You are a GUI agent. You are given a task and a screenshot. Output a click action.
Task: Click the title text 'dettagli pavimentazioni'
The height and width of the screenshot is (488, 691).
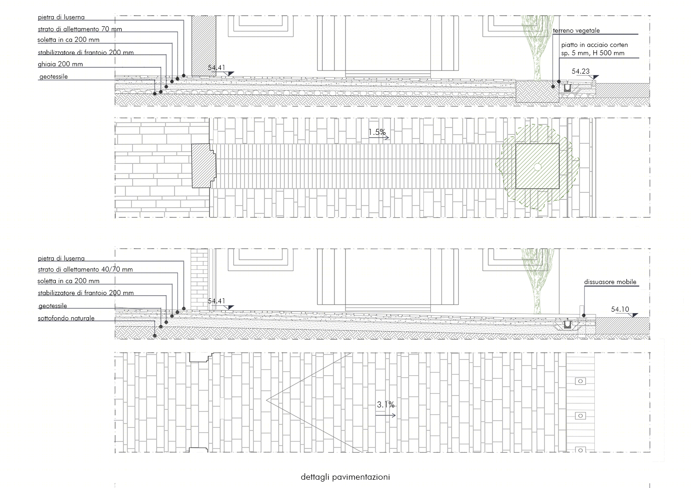coord(345,477)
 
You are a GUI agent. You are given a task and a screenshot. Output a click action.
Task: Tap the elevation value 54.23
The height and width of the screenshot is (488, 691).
coord(580,71)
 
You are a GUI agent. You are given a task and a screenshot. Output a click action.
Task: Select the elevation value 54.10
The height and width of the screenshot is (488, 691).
coord(620,309)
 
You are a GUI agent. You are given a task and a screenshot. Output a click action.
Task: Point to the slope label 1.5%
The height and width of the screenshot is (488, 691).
coord(377,132)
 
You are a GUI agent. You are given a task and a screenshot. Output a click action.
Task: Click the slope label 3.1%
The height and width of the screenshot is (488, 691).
coord(386,405)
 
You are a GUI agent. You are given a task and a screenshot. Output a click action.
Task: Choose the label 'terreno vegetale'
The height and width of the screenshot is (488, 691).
coord(576,30)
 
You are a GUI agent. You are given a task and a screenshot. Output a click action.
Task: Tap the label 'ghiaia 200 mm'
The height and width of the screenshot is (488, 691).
coord(60,64)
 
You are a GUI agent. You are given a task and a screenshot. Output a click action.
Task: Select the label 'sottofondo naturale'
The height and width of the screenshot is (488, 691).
coord(66,318)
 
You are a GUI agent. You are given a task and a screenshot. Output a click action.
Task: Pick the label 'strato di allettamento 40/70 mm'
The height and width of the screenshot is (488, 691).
coord(85,269)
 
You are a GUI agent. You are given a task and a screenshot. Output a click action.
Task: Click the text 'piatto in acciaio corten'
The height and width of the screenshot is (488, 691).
coord(594,45)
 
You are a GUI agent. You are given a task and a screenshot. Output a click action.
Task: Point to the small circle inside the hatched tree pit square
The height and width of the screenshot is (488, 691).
coord(538,167)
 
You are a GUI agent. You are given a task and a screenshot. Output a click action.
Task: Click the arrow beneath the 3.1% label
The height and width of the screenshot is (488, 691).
coord(386,415)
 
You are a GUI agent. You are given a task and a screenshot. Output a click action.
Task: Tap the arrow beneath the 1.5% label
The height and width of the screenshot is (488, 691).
coord(379,138)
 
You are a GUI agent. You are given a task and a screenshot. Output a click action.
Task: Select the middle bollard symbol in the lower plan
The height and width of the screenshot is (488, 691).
coord(580,416)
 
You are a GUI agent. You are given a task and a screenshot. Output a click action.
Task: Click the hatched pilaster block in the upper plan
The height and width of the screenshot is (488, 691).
coord(203,166)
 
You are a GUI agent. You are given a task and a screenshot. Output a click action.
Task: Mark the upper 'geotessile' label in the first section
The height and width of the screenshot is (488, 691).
coord(53,76)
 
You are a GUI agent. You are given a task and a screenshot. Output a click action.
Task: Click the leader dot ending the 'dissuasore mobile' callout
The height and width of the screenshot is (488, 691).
coord(584,315)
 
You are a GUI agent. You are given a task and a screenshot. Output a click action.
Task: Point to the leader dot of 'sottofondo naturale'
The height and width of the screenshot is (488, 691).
coord(155,336)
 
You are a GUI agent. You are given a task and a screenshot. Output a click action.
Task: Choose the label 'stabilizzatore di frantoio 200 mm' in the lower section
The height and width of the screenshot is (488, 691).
coord(86,293)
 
